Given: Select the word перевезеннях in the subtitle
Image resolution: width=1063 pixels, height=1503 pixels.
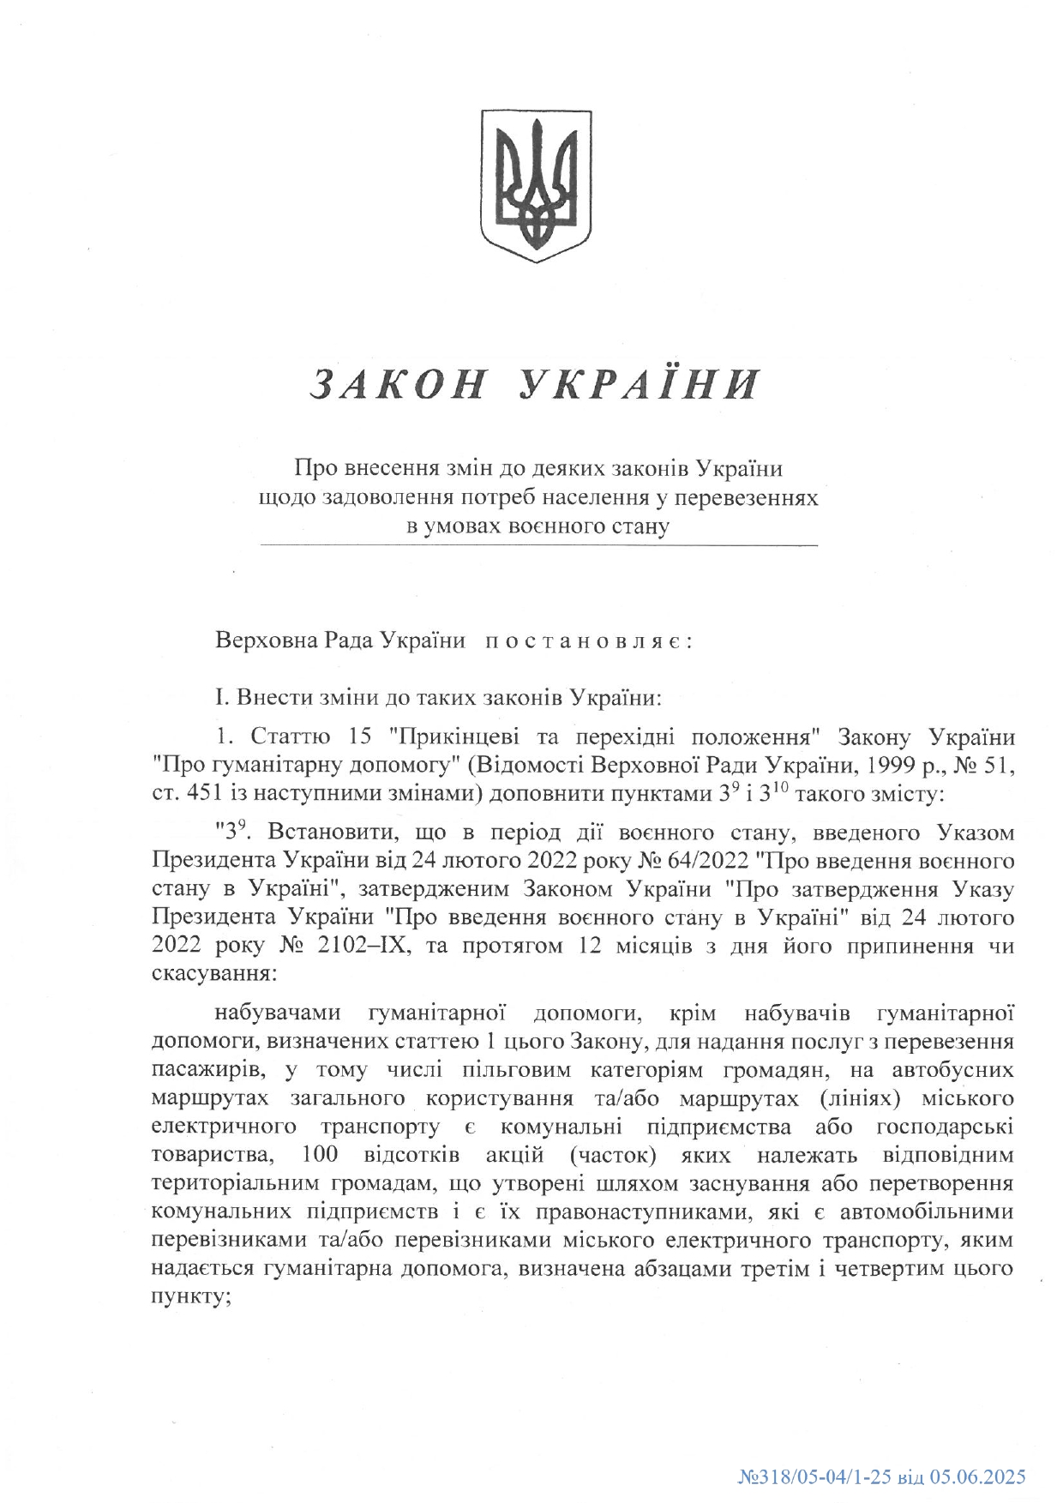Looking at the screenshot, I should coord(760,497).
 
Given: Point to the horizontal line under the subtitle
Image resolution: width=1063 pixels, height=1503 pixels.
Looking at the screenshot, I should coord(538,545).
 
